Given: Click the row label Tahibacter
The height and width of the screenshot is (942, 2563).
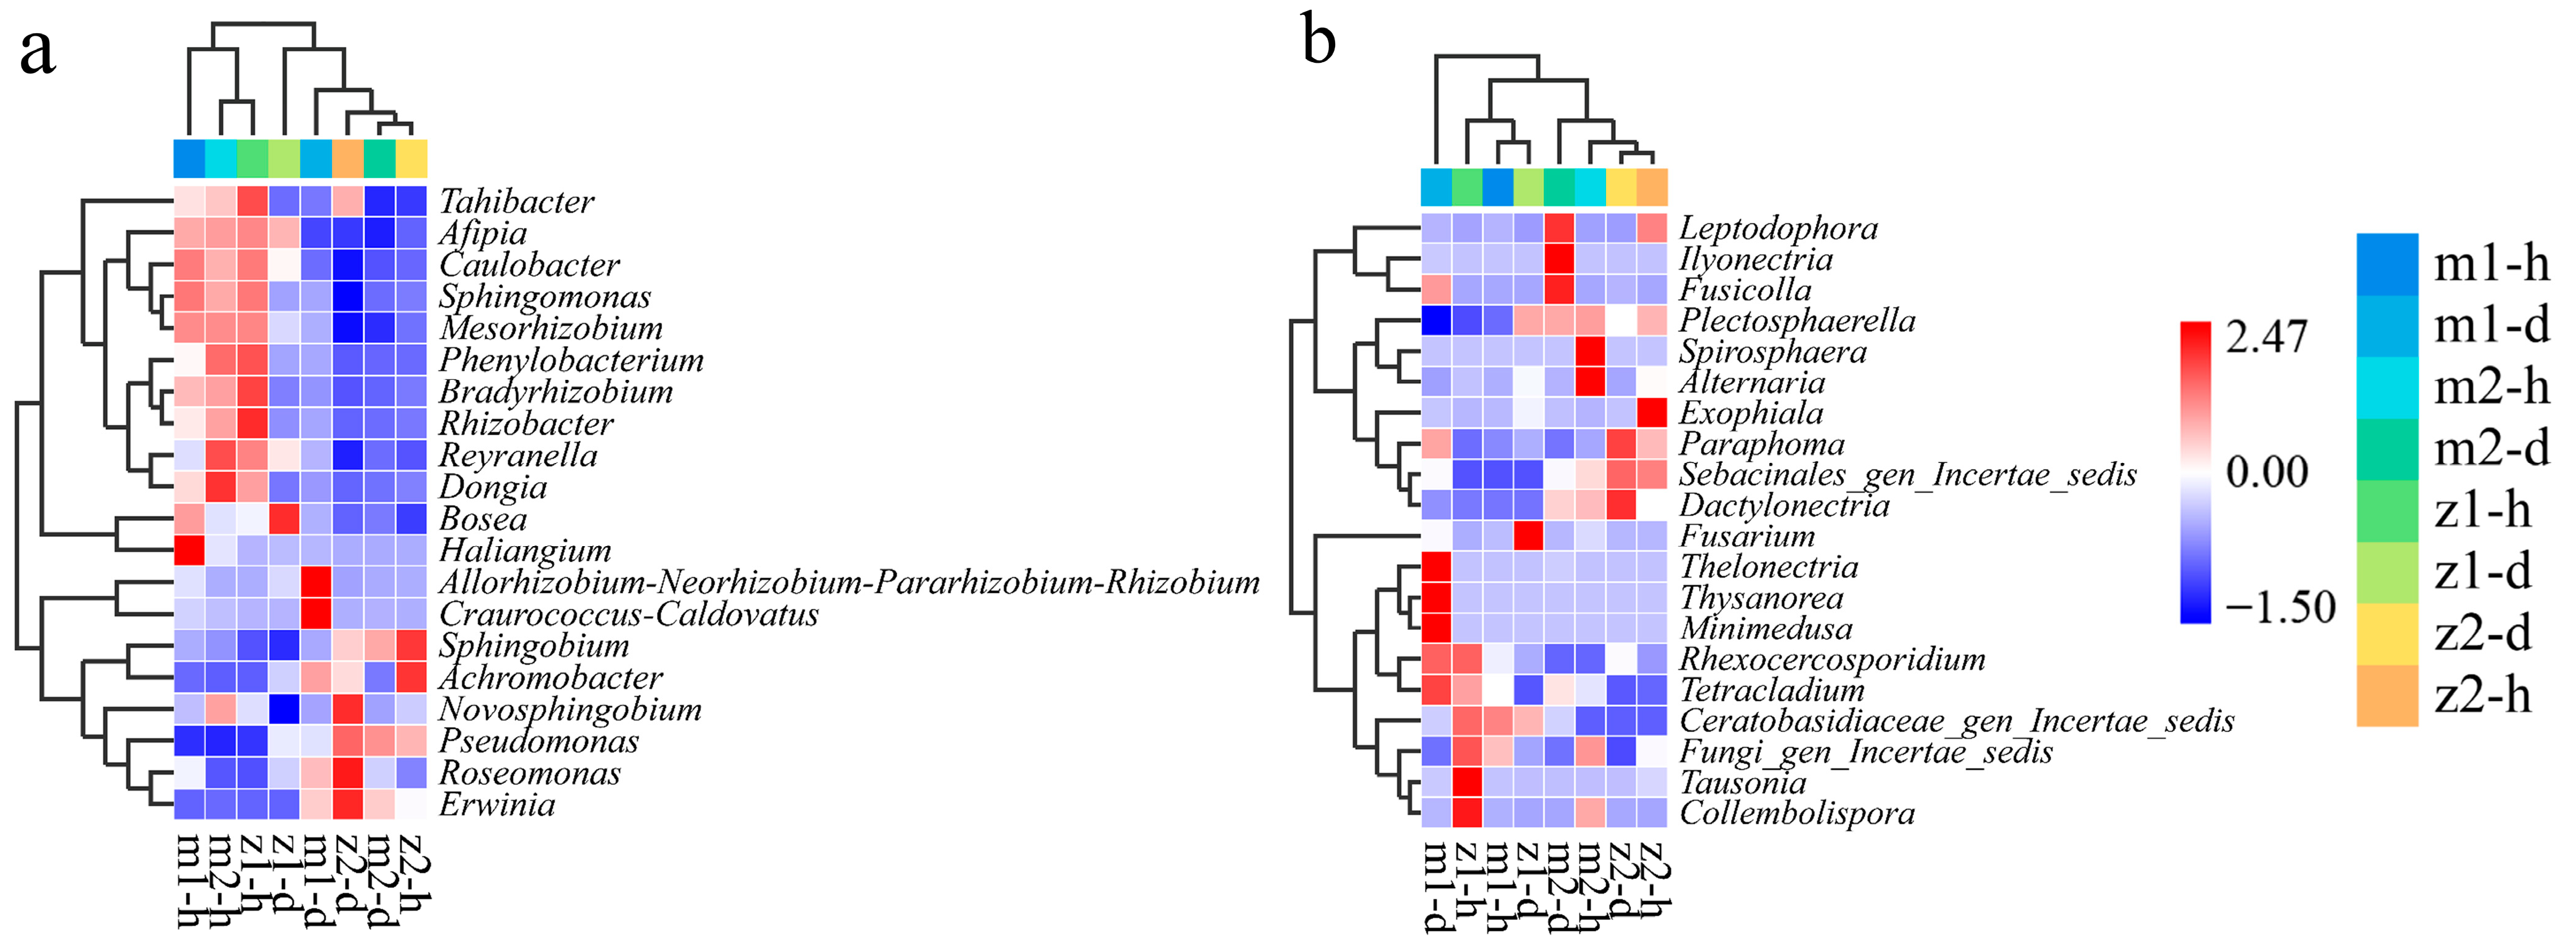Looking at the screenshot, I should (x=517, y=202).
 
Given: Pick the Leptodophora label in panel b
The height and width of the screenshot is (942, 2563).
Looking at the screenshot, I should (x=1778, y=229).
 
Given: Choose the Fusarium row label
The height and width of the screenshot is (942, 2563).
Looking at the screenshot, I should (x=1746, y=536).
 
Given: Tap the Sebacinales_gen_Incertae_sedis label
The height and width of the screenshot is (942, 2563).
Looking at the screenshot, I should (x=1907, y=475).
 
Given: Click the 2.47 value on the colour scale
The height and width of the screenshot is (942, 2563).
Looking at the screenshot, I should (x=2266, y=338).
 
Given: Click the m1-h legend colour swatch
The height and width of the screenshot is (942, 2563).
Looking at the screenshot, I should (x=2387, y=265).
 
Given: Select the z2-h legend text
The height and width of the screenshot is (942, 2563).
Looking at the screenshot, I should (x=2482, y=695).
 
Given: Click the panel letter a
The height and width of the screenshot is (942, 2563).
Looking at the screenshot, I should (x=37, y=52).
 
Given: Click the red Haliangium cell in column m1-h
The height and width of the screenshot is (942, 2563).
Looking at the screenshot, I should (x=189, y=550).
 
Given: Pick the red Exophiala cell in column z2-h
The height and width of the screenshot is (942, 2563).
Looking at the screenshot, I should (x=1652, y=413).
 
